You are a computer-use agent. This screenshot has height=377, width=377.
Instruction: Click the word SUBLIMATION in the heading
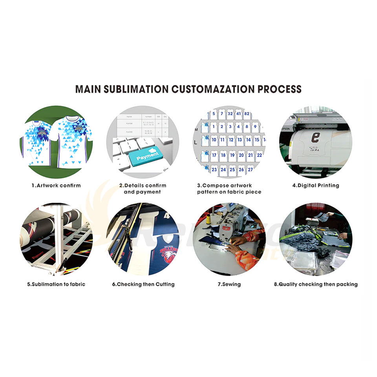pos(136,89)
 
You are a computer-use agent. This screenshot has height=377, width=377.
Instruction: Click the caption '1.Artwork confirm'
pos(56,185)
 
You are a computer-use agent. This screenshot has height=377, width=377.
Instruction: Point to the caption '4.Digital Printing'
pos(315,185)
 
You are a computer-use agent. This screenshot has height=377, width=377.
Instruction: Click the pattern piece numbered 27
pos(250,170)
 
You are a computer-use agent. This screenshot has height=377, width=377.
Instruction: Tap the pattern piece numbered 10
pos(214,139)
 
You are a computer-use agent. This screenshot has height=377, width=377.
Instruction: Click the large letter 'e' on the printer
pos(315,138)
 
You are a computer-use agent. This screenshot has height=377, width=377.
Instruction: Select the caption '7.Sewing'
pos(229,284)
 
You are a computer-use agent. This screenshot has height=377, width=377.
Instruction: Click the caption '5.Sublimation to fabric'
pos(56,284)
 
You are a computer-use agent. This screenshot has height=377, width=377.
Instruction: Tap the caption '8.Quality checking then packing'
pos(316,284)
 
